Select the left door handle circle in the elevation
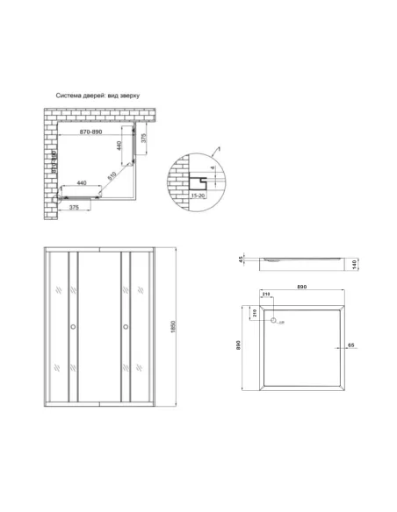coord(74,328)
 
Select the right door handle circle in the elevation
coord(128,328)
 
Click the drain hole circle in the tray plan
coord(273,322)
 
